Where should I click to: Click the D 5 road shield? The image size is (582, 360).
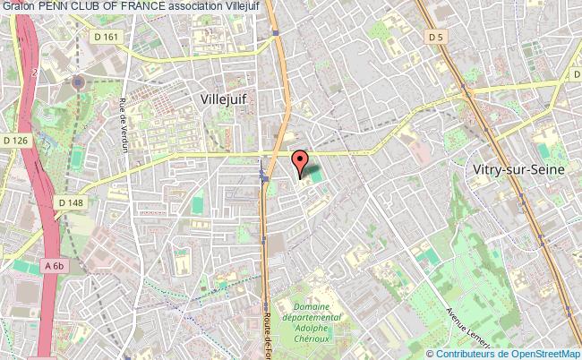437,38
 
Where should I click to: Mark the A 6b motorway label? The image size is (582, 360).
55,266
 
